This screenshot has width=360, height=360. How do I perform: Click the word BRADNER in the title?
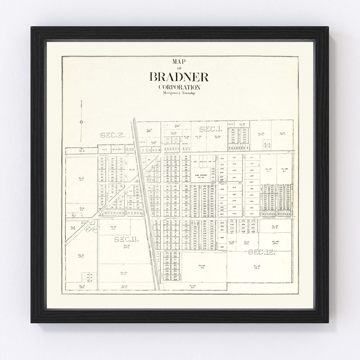179,77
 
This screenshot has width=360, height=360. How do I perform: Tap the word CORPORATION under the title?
179,87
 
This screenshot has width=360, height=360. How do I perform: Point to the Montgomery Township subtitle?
179,93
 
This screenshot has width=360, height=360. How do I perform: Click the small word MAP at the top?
179,62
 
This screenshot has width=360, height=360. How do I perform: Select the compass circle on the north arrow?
81,122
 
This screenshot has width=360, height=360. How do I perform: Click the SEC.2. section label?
112,135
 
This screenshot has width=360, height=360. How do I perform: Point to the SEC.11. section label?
126,239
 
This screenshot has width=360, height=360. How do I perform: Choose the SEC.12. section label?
262,252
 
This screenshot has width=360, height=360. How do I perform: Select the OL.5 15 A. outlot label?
81,179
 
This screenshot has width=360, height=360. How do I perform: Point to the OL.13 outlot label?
81,256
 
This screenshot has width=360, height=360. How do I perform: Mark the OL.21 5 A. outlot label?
113,228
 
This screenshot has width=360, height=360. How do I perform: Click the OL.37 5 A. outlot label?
268,170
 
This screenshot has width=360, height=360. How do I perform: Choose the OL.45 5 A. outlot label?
193,286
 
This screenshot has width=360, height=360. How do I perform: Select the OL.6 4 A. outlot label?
81,209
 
